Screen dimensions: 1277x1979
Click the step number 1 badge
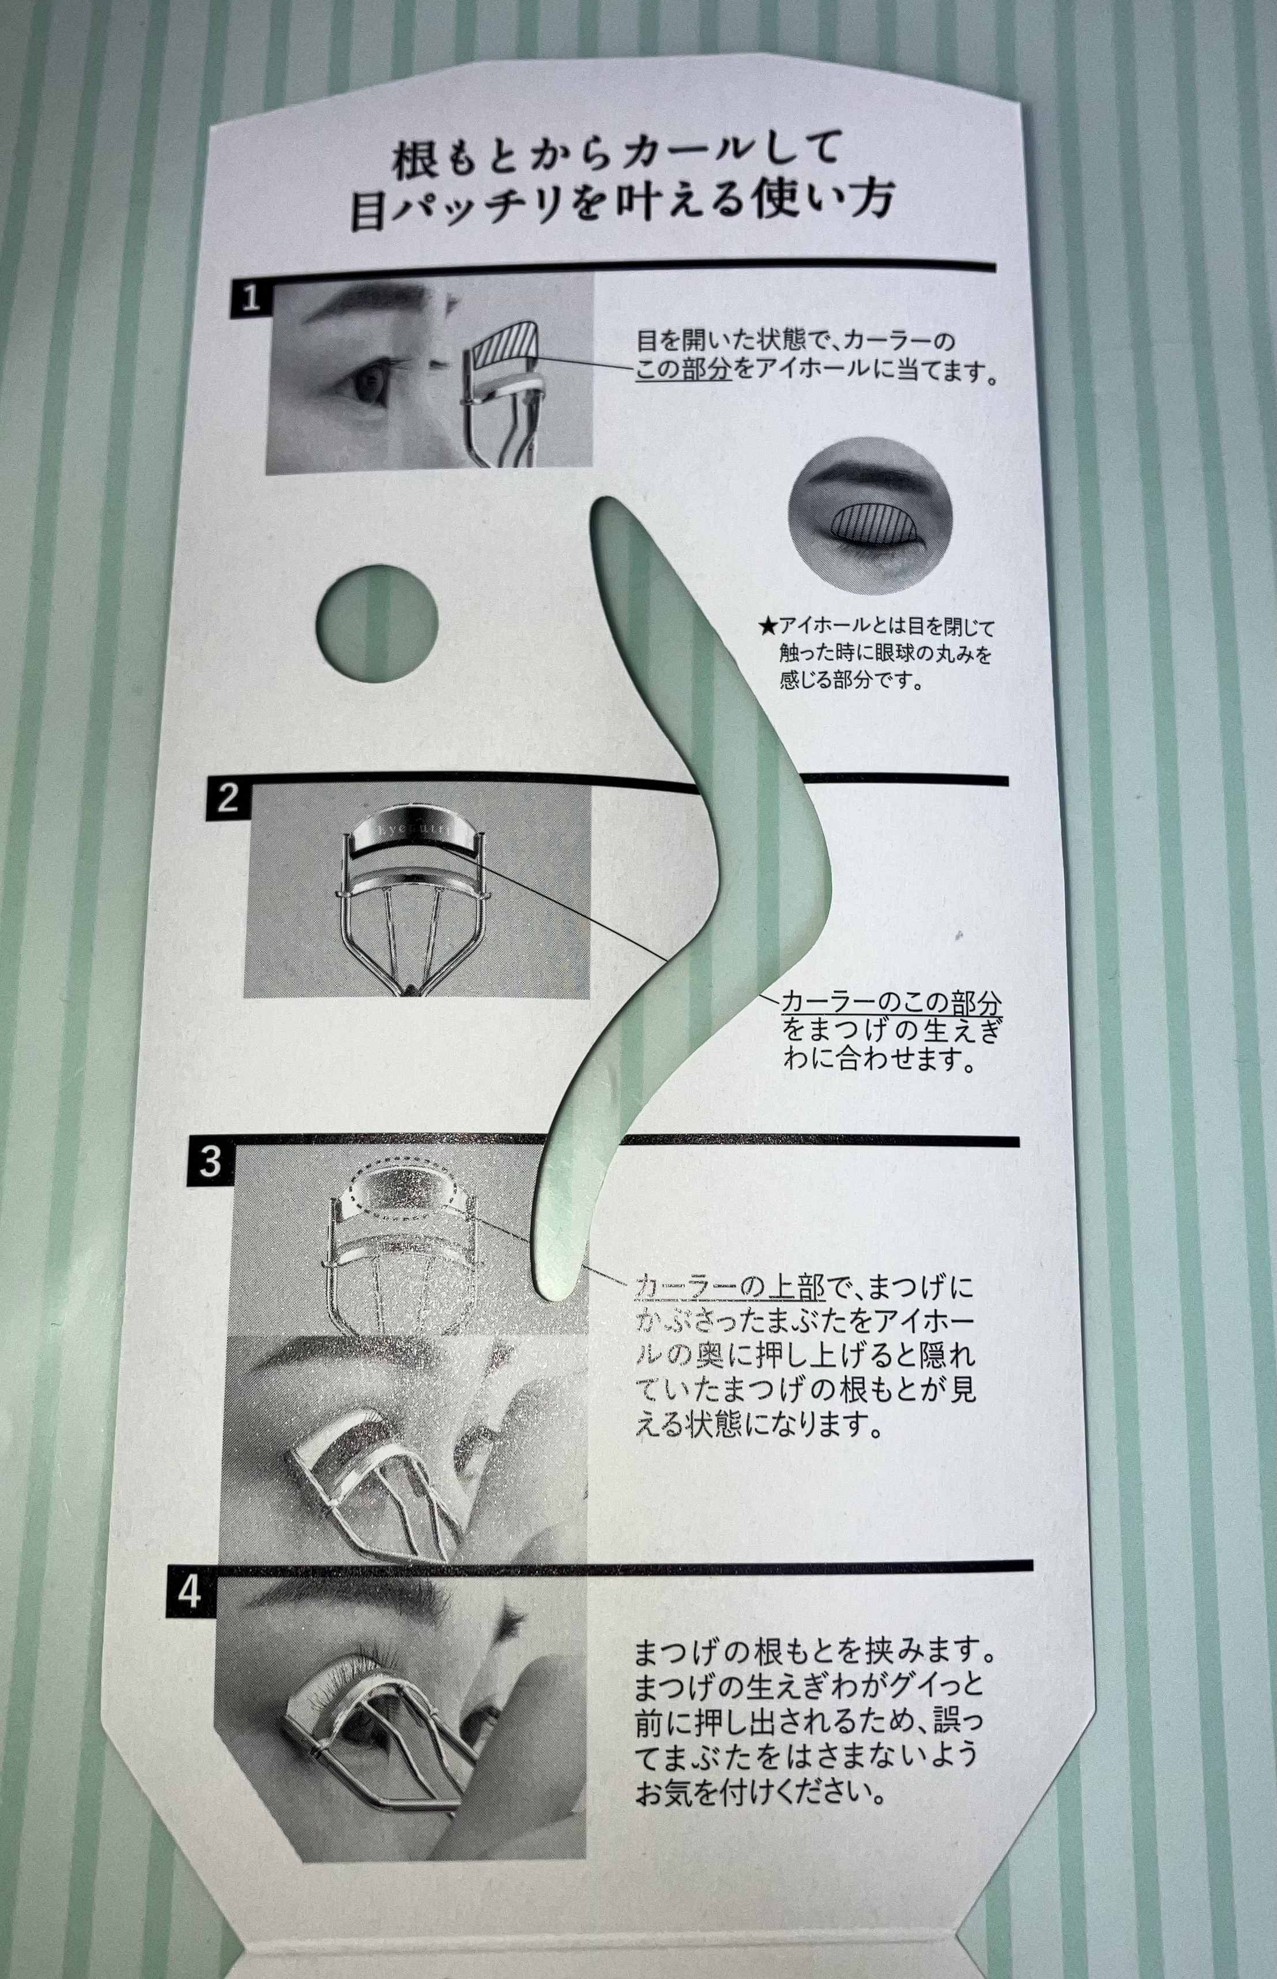click(250, 297)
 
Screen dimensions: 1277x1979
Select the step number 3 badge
click(209, 1162)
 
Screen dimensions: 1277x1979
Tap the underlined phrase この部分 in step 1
click(684, 368)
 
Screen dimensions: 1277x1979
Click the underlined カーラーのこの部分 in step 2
click(891, 1003)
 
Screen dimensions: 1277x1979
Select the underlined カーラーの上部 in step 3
click(730, 1287)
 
